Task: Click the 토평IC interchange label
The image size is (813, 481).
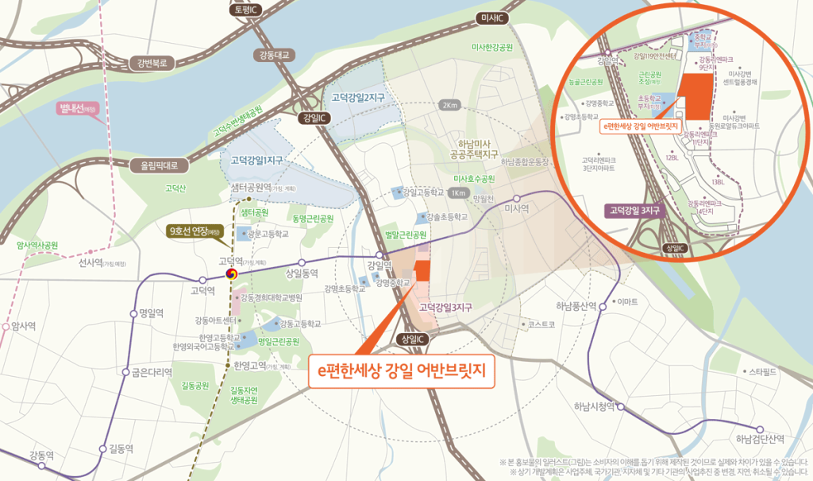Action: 247,10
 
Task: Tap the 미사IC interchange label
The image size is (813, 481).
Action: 493,17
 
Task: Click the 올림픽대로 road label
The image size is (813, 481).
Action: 160,165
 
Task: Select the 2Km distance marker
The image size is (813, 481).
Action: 450,105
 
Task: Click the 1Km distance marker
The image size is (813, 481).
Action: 457,193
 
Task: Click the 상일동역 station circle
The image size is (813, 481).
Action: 302,262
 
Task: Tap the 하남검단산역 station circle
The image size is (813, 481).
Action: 759,428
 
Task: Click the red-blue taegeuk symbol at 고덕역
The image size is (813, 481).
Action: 231,273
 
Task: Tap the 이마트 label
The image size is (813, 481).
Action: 627,301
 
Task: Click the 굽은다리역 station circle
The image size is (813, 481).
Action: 125,372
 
